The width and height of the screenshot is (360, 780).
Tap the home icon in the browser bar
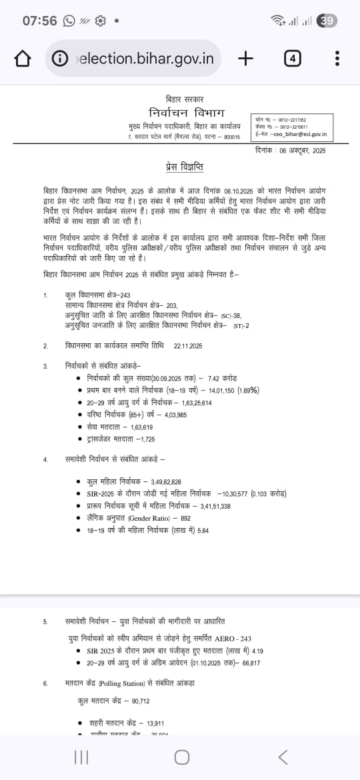[23, 59]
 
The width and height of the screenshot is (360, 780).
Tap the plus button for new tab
[245, 59]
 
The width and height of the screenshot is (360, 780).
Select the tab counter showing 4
[292, 59]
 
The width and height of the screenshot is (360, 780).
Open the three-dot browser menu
[337, 59]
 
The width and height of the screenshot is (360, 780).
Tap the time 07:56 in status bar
[39, 21]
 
